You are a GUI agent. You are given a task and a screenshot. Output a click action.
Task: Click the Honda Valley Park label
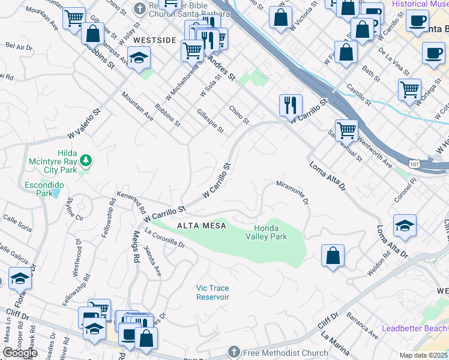[270, 232]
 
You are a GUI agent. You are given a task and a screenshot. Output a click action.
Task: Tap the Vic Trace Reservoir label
[212, 292]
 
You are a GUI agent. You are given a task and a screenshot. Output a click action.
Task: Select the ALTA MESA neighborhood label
[201, 226]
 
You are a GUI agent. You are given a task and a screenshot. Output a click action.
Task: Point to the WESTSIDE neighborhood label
[154, 40]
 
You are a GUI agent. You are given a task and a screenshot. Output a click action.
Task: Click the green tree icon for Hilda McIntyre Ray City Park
[86, 160]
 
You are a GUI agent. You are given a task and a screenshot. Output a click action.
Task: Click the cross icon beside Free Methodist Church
[234, 351]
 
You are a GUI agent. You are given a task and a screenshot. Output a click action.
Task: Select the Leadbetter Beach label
[415, 328]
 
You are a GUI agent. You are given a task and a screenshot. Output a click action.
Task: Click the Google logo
[20, 353]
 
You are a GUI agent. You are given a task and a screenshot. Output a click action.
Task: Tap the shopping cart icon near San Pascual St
[346, 130]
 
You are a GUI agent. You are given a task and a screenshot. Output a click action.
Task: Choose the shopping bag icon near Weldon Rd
[333, 256]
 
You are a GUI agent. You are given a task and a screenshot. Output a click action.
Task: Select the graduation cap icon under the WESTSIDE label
[139, 58]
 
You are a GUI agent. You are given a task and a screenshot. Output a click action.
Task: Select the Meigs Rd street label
[136, 249]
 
